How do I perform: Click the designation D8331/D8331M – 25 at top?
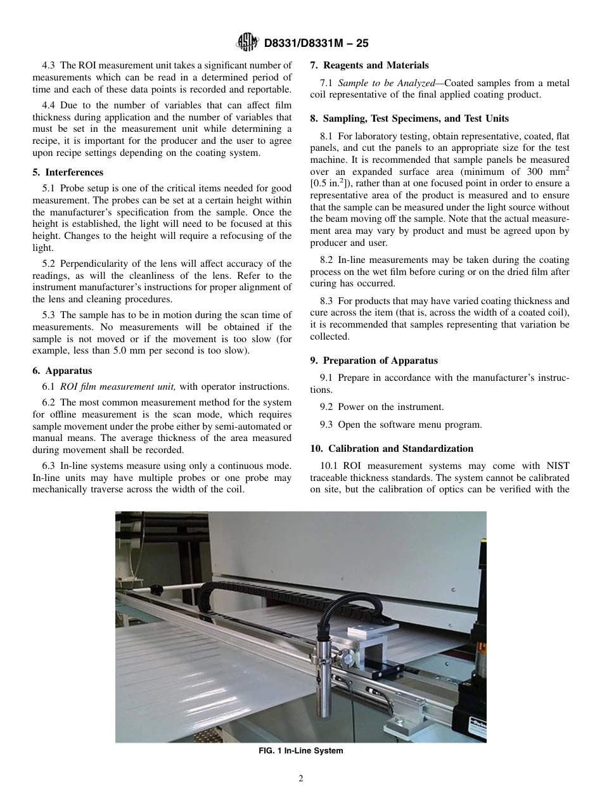click(316, 43)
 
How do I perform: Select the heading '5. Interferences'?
click(68, 172)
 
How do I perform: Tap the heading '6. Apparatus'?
click(62, 371)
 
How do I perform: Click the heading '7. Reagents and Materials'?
click(369, 65)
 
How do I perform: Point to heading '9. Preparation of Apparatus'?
click(374, 361)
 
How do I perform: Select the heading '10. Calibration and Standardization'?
click(391, 449)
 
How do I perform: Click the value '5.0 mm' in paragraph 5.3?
click(125, 350)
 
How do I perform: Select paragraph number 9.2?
click(326, 407)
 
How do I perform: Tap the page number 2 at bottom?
click(301, 779)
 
